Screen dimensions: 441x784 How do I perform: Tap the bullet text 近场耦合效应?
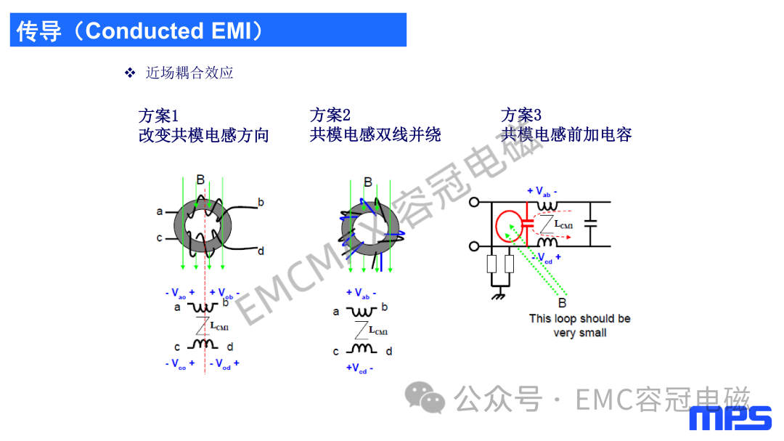pos(189,73)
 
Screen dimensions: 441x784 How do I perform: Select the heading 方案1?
pos(158,116)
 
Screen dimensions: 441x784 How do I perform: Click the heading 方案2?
pos(330,115)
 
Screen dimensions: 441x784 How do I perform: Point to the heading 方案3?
pos(521,115)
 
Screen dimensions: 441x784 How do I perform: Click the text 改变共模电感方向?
pos(203,135)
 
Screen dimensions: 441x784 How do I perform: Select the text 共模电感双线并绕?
pos(375,134)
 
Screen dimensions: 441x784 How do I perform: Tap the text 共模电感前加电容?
pos(566,134)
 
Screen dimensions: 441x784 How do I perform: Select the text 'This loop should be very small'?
pos(579,325)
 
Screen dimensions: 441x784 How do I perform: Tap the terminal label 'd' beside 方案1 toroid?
pos(261,251)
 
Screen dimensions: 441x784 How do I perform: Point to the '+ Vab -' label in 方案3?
pos(543,192)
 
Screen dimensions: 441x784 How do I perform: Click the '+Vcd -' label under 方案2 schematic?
pos(360,368)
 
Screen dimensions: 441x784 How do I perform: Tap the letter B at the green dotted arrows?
pos(562,303)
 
